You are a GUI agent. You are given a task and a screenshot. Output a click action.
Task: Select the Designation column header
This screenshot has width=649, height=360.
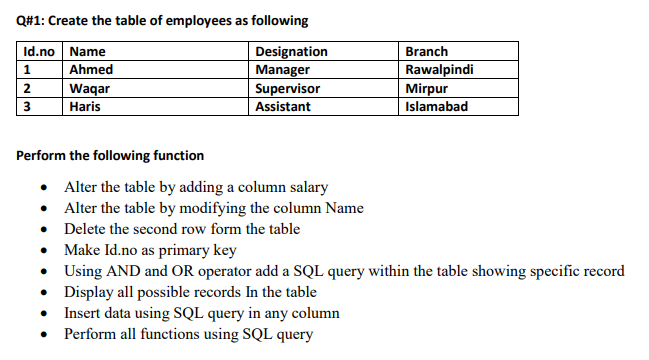click(291, 52)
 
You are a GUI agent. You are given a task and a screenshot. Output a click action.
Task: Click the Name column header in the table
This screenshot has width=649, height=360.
click(88, 52)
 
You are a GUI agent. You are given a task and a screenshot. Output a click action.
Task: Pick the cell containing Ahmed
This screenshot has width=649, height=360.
click(91, 70)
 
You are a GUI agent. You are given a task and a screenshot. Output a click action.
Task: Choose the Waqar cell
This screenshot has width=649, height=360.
click(91, 88)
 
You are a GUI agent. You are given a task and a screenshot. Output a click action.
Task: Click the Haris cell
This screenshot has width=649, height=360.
click(85, 106)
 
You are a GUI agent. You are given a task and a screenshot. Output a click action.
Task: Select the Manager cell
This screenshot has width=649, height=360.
click(283, 70)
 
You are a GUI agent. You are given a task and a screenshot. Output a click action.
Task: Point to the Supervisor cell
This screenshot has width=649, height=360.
click(288, 88)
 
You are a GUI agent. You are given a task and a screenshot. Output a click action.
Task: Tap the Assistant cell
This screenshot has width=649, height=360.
click(283, 106)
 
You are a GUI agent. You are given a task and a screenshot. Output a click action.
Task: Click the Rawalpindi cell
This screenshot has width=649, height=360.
click(439, 70)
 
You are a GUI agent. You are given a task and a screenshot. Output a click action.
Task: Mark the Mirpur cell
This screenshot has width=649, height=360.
click(427, 88)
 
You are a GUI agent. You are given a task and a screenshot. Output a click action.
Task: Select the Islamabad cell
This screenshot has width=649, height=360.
click(436, 106)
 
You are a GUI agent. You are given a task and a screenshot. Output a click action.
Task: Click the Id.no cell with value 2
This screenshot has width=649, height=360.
click(27, 88)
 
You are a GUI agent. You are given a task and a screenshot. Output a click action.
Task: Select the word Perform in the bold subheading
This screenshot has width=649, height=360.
click(44, 156)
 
